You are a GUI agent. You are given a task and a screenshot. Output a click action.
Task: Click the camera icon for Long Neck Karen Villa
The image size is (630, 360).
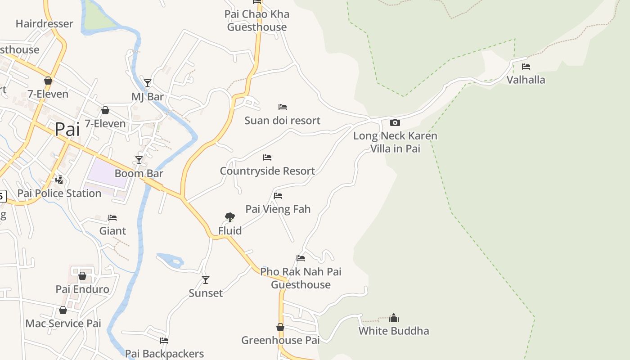click(x=395, y=122)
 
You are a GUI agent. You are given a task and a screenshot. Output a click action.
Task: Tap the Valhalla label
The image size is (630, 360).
click(x=526, y=80)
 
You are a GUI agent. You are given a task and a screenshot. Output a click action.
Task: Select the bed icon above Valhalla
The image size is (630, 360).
click(x=526, y=67)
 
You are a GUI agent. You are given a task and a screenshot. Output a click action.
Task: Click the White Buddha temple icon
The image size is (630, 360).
click(x=394, y=318)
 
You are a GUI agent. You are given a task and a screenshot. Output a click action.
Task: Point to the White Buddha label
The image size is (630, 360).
click(x=394, y=331)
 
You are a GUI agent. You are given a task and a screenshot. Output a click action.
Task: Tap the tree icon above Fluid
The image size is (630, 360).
click(x=230, y=217)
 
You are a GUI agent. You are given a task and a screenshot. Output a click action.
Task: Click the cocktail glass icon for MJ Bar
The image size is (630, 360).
click(x=148, y=83)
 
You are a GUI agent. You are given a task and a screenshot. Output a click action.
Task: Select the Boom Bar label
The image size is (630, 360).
click(x=139, y=174)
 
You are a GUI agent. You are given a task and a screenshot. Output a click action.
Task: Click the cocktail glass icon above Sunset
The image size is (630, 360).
click(x=206, y=280)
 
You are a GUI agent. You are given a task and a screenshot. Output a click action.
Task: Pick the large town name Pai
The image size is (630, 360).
click(x=67, y=130)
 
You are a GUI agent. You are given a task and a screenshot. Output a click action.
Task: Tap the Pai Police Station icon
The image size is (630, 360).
click(x=59, y=180)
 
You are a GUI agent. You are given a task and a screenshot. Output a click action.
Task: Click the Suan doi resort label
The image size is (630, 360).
click(x=283, y=121)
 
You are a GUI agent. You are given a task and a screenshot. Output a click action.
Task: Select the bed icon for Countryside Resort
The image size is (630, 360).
click(x=267, y=157)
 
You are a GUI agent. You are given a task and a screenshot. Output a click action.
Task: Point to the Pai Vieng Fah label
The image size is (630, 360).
click(x=278, y=209)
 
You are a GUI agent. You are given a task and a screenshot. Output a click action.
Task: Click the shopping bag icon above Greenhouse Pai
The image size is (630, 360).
click(x=280, y=327)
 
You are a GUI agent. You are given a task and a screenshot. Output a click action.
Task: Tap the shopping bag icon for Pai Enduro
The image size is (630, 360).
click(x=82, y=276)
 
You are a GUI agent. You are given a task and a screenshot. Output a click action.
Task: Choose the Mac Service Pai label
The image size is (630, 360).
click(x=63, y=324)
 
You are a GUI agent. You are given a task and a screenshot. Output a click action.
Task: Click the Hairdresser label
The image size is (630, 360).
click(x=44, y=24)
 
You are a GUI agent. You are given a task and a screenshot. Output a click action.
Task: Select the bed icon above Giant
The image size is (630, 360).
click(x=112, y=218)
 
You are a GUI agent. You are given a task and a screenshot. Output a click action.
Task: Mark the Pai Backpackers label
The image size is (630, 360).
click(x=164, y=354)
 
